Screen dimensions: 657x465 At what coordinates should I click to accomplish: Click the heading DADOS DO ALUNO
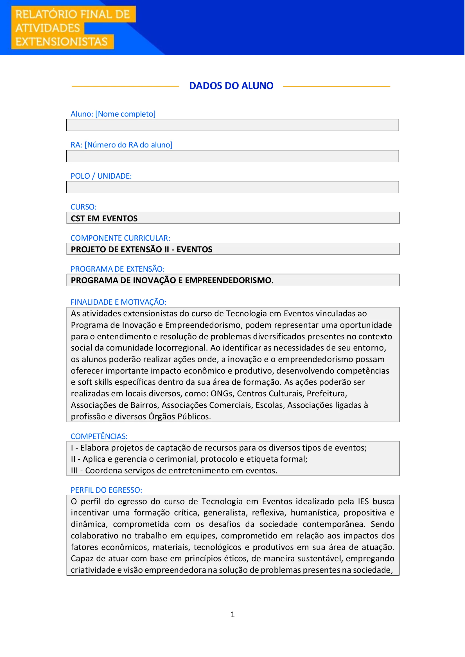[231, 86]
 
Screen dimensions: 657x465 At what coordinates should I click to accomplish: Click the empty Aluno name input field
[233, 125]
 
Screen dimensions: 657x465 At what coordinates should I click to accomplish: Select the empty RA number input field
[233, 156]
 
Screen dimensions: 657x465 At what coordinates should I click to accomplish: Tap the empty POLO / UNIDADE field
[233, 187]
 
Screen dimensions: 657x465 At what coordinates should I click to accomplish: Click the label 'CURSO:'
[83, 207]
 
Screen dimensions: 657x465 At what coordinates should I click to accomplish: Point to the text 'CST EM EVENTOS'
[104, 219]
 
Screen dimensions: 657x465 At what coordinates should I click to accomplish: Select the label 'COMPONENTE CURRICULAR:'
[120, 238]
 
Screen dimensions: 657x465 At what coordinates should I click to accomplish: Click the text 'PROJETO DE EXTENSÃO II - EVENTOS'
[141, 249]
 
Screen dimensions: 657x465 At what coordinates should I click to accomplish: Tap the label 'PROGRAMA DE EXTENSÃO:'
[118, 269]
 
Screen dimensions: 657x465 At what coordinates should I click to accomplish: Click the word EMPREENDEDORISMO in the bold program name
[229, 280]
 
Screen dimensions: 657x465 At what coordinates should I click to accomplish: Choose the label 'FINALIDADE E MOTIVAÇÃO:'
[118, 302]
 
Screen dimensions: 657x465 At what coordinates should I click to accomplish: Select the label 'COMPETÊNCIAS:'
[99, 437]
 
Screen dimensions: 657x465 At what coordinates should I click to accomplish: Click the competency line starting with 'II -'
[189, 459]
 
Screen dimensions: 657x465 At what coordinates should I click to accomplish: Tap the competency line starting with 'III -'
[174, 471]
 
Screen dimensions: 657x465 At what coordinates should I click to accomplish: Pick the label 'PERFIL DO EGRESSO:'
[106, 490]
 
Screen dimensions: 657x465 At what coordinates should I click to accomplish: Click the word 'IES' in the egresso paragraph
[363, 502]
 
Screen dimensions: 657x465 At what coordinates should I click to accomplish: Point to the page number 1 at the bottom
[233, 615]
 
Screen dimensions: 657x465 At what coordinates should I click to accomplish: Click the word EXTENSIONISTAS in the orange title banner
[62, 42]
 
